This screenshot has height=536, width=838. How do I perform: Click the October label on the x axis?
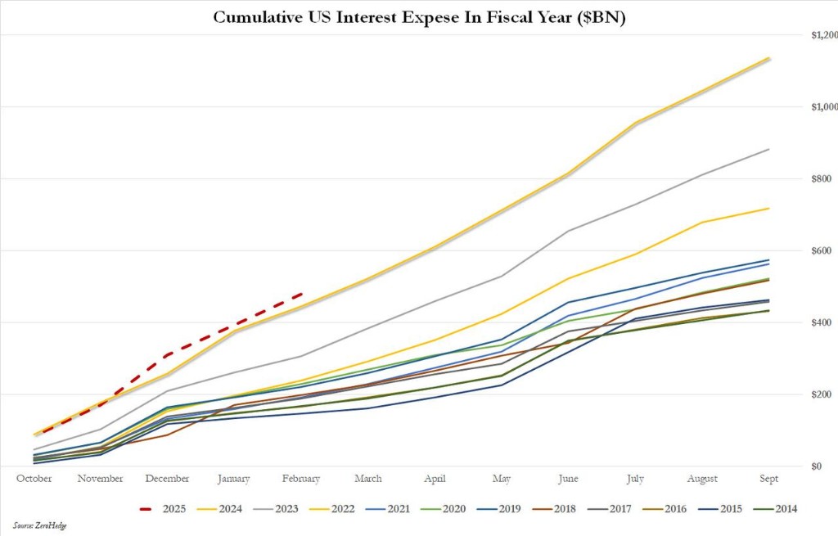point(34,479)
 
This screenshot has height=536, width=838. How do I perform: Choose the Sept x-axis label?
point(768,479)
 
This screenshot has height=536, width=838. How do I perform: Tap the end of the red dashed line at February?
point(302,294)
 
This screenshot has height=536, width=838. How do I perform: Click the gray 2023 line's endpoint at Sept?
point(768,149)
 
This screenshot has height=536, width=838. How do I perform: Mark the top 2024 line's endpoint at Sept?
point(768,58)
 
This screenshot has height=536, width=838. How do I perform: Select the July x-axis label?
point(635,479)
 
